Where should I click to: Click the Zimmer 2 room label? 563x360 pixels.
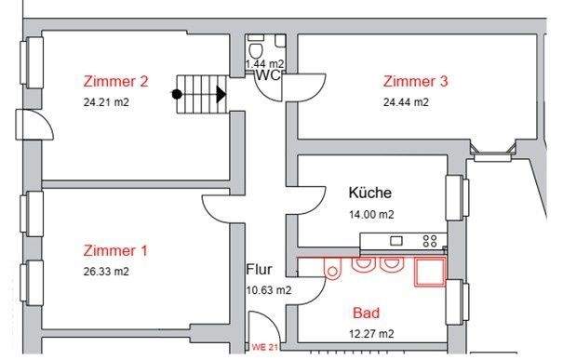(115, 81)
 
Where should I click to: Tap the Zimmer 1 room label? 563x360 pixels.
(115, 250)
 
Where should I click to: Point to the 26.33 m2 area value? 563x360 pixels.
(105, 272)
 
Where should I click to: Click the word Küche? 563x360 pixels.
(369, 193)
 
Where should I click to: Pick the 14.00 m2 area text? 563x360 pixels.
(371, 214)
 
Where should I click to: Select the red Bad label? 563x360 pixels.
(366, 313)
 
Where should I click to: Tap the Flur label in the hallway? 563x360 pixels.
(259, 270)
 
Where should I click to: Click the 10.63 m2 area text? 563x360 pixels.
(268, 289)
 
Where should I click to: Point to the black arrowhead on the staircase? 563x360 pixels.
(221, 93)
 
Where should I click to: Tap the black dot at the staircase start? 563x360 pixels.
(177, 93)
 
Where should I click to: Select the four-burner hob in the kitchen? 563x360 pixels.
(430, 240)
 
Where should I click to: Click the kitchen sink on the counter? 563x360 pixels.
(391, 241)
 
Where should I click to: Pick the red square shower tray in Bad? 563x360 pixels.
(430, 271)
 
